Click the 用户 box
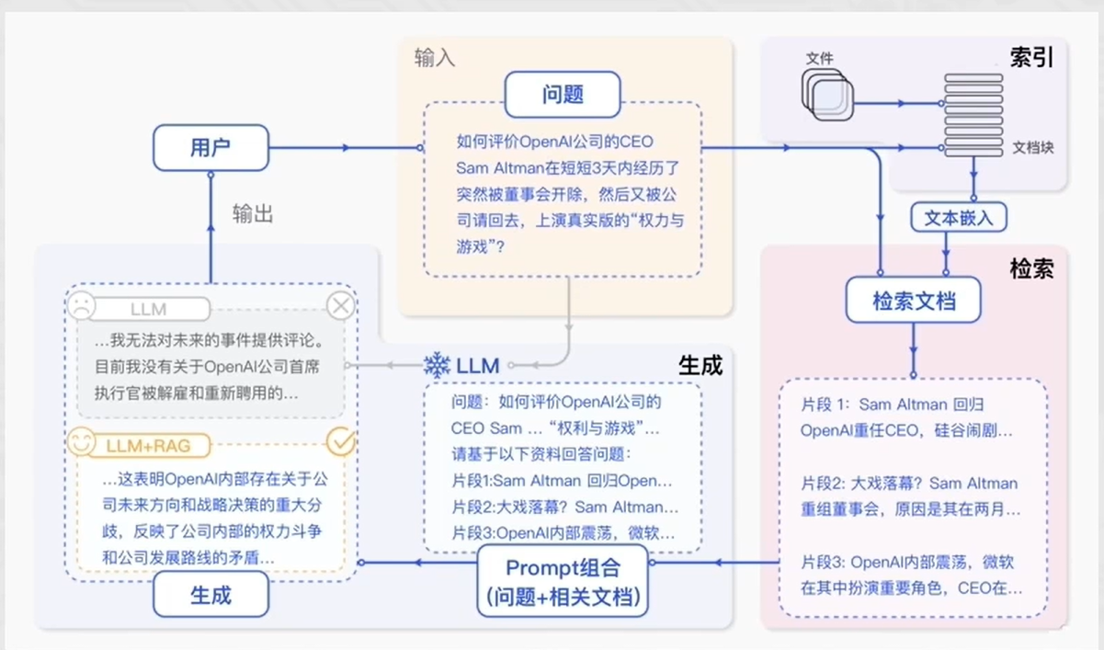(x=211, y=148)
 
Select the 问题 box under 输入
(x=563, y=95)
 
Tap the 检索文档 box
(x=913, y=300)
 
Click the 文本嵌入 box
(x=959, y=218)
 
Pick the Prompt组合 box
(x=563, y=581)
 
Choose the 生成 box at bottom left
(x=211, y=595)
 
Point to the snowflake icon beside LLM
(x=437, y=365)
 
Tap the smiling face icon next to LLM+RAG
(x=81, y=443)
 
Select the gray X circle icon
(x=341, y=305)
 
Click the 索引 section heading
(x=1031, y=57)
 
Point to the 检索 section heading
(x=1031, y=268)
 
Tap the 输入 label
(x=435, y=58)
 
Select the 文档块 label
(x=1032, y=147)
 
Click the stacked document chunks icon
(x=973, y=115)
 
